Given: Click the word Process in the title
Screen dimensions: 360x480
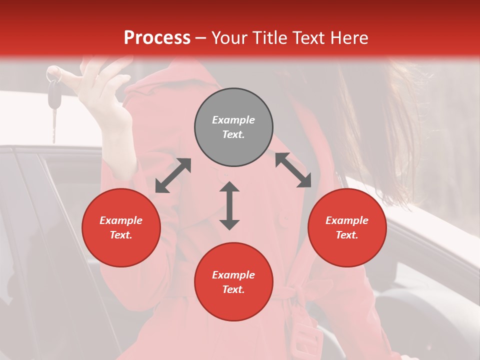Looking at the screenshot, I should tap(157, 38).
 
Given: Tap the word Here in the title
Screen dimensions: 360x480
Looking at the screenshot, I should tap(348, 38).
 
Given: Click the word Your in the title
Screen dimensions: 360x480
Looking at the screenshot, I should tap(230, 38).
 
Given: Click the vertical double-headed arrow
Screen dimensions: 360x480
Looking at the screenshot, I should tap(229, 205).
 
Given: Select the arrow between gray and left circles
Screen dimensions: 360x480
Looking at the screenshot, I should tap(173, 175).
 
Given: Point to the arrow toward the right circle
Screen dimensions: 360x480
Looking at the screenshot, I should tap(293, 170).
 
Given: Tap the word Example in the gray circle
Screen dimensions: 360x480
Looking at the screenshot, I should tap(233, 120).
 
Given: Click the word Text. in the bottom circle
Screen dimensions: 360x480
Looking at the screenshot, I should tap(233, 289).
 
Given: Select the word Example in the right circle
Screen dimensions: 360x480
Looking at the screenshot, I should tap(347, 220).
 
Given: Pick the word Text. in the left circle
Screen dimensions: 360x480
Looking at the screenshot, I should tap(121, 235).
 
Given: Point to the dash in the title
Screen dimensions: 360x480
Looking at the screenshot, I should tap(200, 38).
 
